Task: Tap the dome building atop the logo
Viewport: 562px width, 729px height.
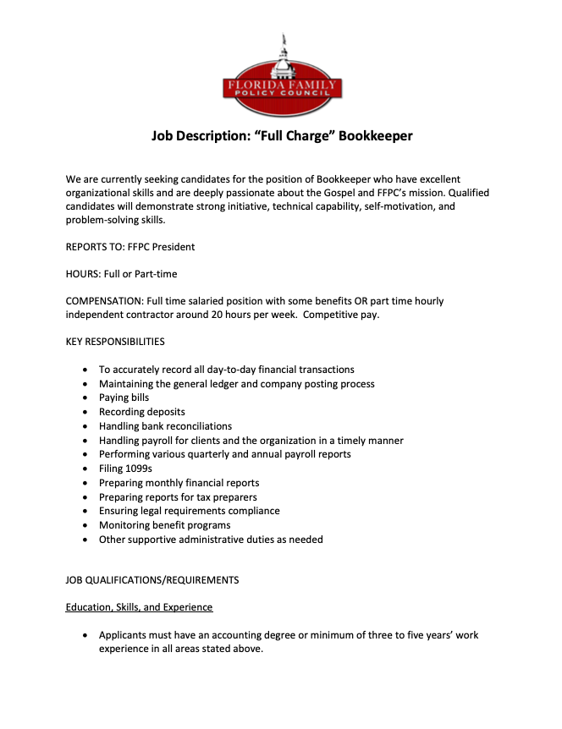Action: (283, 58)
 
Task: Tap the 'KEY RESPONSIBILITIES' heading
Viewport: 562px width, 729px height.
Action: (115, 342)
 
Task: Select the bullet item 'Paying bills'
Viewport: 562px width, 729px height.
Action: (124, 397)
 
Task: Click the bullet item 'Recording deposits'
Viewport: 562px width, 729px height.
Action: (141, 412)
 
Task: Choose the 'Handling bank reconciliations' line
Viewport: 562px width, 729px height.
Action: (165, 426)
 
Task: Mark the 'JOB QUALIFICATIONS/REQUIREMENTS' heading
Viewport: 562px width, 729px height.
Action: (152, 580)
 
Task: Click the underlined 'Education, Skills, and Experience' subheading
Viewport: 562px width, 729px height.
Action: (139, 607)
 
